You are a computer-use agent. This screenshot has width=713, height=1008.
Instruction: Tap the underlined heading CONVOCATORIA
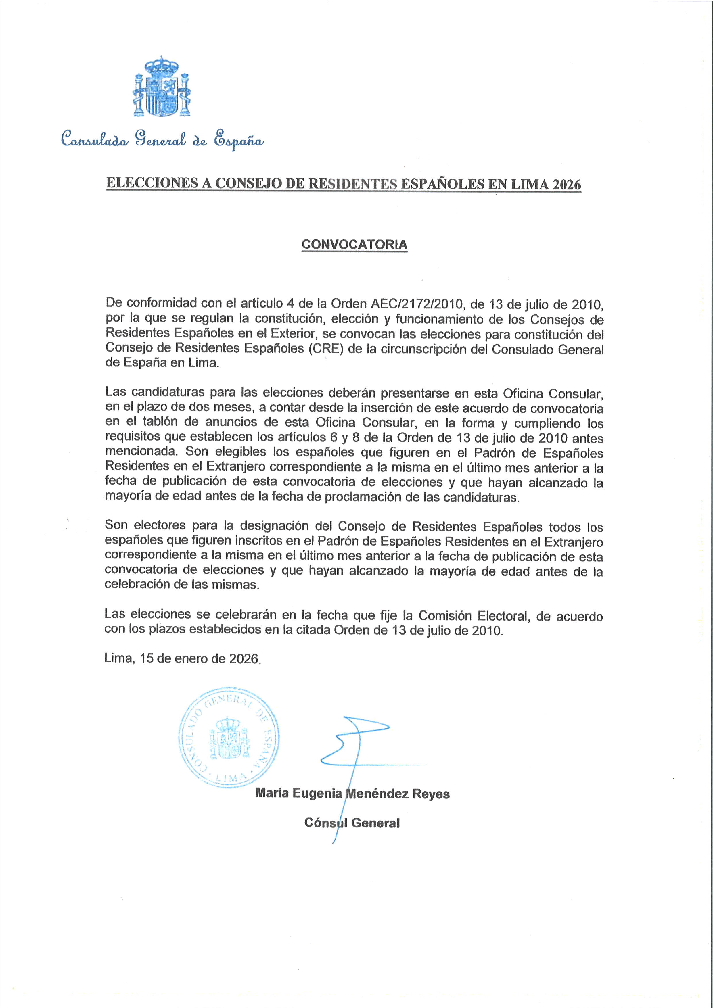click(354, 245)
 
